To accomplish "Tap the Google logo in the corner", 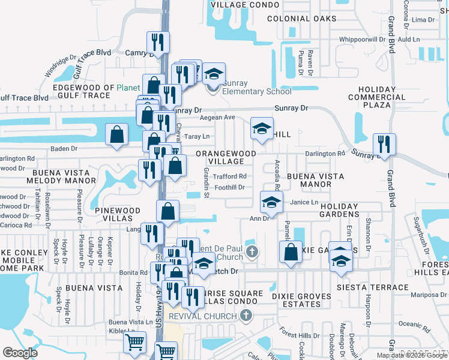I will point(20,353).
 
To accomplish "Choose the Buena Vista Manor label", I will point(309,180).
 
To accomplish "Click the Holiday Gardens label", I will point(339,211).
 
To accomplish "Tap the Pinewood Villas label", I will point(117,215).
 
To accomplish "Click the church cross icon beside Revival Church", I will point(245,316).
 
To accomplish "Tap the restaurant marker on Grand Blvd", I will point(384,145).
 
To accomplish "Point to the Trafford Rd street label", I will point(231,176).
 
